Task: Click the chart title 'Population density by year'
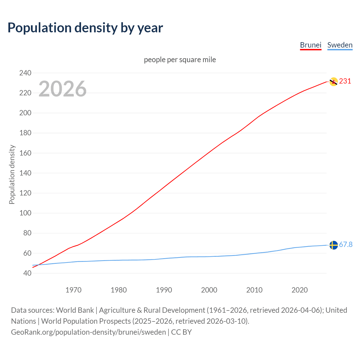coord(85,28)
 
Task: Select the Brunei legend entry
coord(310,45)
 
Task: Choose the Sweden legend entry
coord(340,45)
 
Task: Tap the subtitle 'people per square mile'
coord(180,60)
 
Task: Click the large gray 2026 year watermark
coord(62,89)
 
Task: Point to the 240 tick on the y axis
coord(25,73)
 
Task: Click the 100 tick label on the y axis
coord(25,213)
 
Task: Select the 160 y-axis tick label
coord(25,153)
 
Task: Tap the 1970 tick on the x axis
coord(73,290)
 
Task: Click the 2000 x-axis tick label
coord(209,290)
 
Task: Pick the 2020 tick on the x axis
coord(300,290)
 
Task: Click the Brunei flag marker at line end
coord(334,82)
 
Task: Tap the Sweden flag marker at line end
coord(334,245)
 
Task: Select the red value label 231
coord(345,81)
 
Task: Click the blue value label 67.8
coord(346,245)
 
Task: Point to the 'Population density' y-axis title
coord(12,174)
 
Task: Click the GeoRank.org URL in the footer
coord(88,332)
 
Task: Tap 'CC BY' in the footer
coord(181,332)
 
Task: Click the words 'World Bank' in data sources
coord(75,310)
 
